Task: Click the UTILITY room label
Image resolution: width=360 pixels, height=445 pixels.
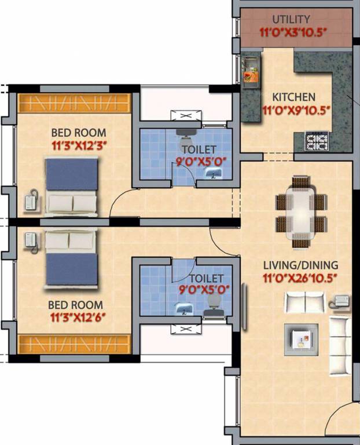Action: (x=291, y=19)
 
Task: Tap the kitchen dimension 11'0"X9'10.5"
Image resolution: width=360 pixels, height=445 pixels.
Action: (x=297, y=111)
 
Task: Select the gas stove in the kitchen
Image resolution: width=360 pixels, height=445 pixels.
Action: (x=317, y=141)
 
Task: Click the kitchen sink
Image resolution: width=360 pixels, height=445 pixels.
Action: (x=250, y=70)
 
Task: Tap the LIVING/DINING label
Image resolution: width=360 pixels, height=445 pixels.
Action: (x=301, y=265)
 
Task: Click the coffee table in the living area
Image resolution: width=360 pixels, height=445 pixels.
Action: (x=301, y=340)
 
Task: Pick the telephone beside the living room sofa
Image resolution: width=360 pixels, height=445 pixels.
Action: (x=340, y=301)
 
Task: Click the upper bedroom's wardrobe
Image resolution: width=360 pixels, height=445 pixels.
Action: (x=74, y=103)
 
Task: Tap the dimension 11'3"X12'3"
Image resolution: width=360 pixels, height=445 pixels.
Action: (x=79, y=146)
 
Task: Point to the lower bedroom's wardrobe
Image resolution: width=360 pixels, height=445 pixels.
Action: (x=74, y=344)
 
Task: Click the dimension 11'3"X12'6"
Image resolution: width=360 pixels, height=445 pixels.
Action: (x=78, y=318)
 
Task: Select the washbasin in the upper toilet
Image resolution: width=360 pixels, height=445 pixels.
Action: (x=214, y=173)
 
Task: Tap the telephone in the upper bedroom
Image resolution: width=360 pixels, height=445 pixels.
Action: (x=31, y=200)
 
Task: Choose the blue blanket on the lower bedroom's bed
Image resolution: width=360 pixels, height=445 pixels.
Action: (x=72, y=269)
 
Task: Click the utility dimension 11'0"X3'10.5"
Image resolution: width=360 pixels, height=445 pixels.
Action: (x=292, y=32)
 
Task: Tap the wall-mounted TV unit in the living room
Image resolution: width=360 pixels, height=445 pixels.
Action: (x=244, y=307)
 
